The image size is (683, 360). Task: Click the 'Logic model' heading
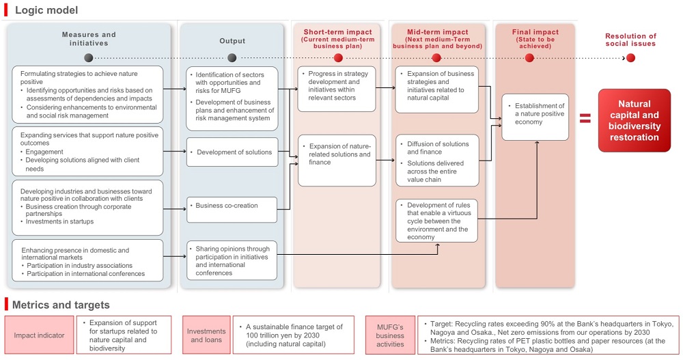coord(46,10)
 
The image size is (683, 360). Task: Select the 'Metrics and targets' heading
coord(61,305)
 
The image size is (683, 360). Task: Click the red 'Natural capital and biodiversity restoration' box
coord(639,121)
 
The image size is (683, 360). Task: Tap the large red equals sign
coord(585,119)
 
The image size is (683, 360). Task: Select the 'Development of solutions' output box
coord(232,152)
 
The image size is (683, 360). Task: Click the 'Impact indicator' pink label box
coord(39,335)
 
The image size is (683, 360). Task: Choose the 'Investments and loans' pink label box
coord(206,335)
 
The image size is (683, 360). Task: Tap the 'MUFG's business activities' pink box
coord(390,335)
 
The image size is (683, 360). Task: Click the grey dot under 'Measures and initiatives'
coord(89,57)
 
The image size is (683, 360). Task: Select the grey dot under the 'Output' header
coord(232,57)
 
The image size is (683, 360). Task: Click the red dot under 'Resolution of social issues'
coord(630,57)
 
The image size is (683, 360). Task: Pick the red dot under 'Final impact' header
coord(529,57)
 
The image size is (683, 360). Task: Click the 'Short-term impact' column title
coord(337,32)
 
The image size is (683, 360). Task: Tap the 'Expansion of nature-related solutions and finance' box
coord(337,160)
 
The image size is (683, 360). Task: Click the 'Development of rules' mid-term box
coord(436,221)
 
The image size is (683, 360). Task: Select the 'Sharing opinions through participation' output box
coord(232,260)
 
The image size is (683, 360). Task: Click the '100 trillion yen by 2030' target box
coord(293,335)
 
